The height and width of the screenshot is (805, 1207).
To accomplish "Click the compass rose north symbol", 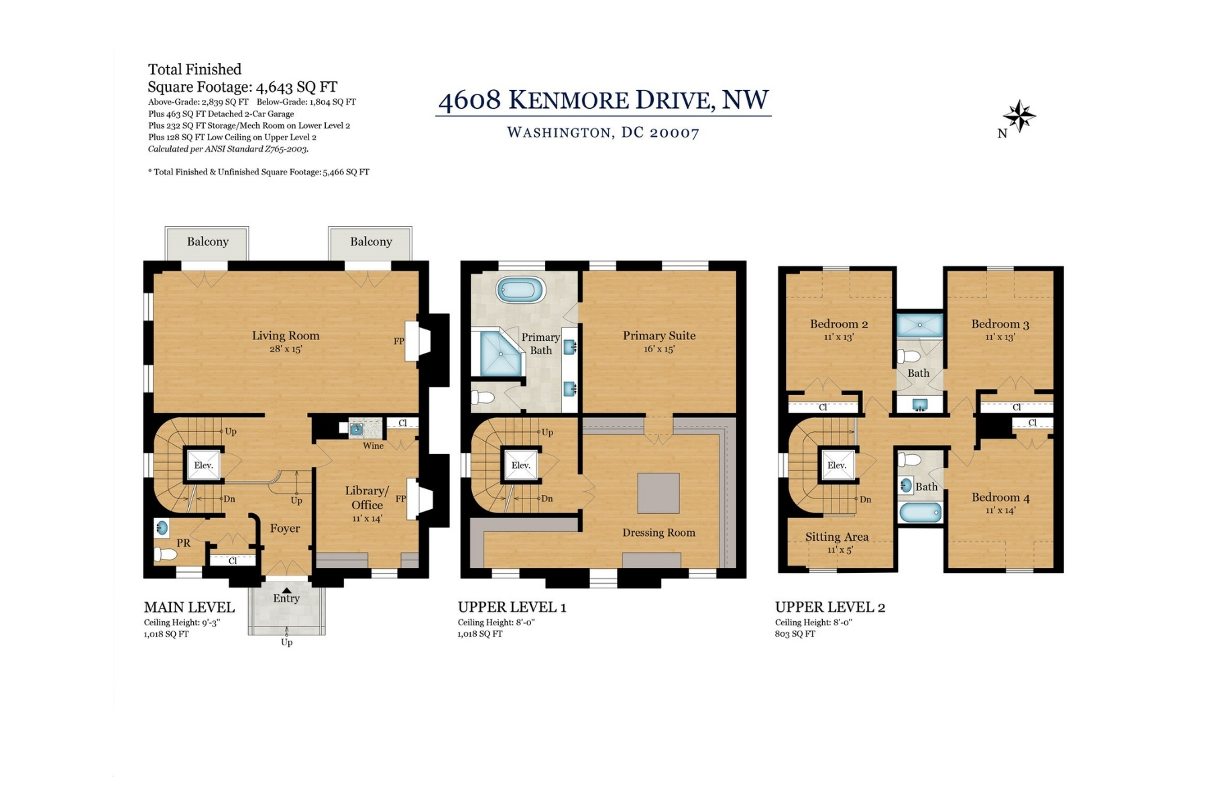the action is click(x=1019, y=116).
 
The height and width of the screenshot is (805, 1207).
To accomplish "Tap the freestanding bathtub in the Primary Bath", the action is click(x=521, y=290).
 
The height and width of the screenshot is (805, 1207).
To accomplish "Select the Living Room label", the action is click(x=286, y=335).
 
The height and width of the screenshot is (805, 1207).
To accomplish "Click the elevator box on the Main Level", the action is click(x=203, y=464).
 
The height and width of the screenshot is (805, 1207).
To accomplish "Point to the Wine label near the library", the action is click(x=373, y=445).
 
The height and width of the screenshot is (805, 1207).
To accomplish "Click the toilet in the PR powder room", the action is click(x=165, y=554).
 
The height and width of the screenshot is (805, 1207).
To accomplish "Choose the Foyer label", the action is click(x=285, y=529).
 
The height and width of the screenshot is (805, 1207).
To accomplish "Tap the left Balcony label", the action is click(x=208, y=241).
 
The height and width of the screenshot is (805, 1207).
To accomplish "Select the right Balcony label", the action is click(x=371, y=241).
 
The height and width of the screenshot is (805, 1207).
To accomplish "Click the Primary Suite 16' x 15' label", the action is click(x=659, y=341).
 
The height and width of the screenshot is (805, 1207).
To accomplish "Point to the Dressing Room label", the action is click(x=658, y=533).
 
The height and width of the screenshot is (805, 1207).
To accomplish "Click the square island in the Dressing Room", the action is click(x=658, y=493).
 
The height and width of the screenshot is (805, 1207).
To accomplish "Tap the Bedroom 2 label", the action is click(x=839, y=324).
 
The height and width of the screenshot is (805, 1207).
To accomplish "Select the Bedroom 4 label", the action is click(x=1000, y=497).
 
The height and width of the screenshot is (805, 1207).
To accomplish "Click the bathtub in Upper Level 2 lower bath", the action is click(x=920, y=513).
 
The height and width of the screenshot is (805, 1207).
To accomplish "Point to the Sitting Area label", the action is click(x=837, y=537).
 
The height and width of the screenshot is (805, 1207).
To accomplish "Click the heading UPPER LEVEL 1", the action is click(x=512, y=607).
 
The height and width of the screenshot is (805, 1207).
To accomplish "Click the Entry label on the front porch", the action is click(x=286, y=598).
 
